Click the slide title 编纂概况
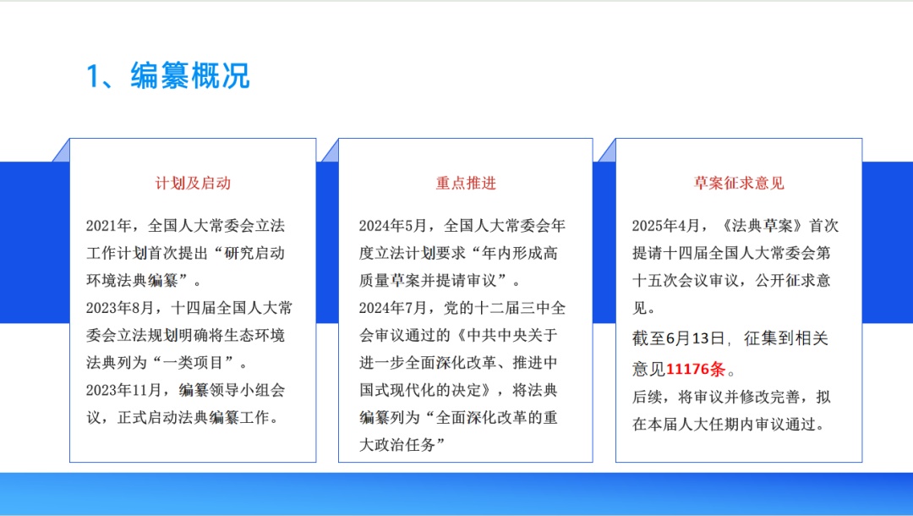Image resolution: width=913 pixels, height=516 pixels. click(190, 76)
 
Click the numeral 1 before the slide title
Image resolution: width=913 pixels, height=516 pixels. click(93, 76)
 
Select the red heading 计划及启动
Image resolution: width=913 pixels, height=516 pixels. click(193, 184)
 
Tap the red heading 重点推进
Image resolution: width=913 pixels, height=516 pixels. click(466, 184)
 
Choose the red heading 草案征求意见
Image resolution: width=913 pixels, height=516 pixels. click(739, 184)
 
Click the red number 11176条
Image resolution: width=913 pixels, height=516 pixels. click(696, 369)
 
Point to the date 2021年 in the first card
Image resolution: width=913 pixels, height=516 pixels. click(109, 225)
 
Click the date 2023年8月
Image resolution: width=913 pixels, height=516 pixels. click(121, 308)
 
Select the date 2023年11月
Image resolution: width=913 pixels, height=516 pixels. click(124, 390)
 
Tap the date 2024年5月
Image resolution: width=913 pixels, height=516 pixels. click(393, 225)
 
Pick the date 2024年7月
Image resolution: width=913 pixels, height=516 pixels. click(393, 308)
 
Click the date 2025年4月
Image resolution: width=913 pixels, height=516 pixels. click(667, 225)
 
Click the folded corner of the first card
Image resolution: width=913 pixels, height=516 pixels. click(61, 151)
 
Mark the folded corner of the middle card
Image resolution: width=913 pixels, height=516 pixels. click(331, 151)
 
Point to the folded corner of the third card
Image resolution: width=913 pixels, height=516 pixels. click(607, 151)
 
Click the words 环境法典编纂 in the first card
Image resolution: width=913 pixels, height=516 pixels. click(132, 280)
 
